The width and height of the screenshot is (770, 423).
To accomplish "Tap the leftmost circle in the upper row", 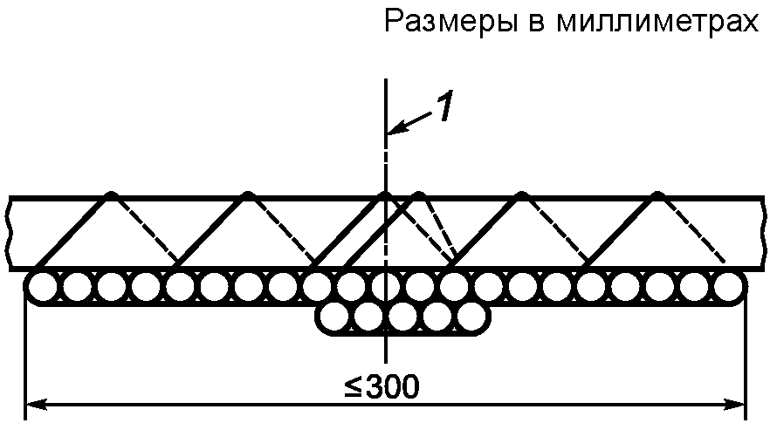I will click(x=42, y=287).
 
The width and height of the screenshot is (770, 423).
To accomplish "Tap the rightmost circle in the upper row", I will click(x=728, y=287).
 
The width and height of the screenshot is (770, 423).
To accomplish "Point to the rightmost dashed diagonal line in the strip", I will click(x=691, y=229).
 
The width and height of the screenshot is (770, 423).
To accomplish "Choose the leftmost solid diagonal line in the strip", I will click(x=73, y=229).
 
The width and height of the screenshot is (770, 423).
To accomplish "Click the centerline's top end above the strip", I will click(x=385, y=80).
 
